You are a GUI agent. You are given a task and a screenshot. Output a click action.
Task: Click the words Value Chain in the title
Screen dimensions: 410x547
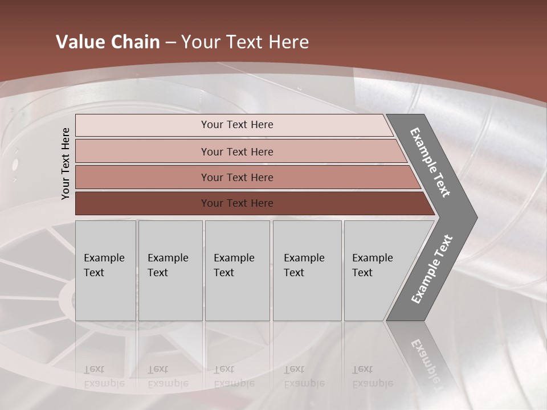108,42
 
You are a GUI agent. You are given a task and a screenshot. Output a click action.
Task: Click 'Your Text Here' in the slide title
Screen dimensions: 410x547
245,42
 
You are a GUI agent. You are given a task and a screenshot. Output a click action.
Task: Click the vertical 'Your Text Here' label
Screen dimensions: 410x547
66,163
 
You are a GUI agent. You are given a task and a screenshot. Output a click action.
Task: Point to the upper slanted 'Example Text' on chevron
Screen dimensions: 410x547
430,162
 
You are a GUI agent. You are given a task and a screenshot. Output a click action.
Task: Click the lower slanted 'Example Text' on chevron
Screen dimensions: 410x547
432,269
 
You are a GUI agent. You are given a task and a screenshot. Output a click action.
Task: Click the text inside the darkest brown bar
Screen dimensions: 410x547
237,203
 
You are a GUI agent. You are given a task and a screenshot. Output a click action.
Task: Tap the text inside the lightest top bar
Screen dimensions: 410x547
237,125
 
